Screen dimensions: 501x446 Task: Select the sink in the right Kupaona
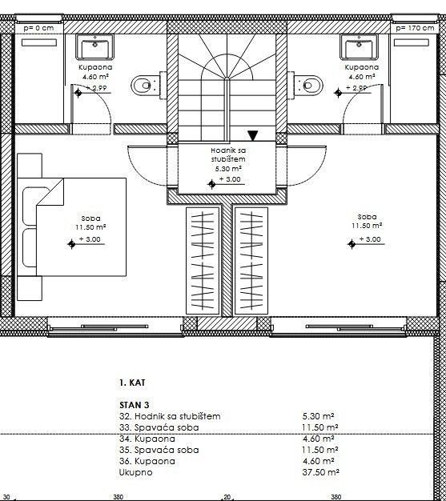point(353,47)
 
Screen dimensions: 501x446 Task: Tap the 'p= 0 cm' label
point(38,27)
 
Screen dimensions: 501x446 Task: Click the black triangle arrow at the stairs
point(253,136)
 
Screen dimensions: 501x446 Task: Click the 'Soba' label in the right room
point(368,217)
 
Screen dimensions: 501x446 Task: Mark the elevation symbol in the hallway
point(211,183)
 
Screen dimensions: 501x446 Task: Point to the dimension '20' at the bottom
point(227,496)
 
